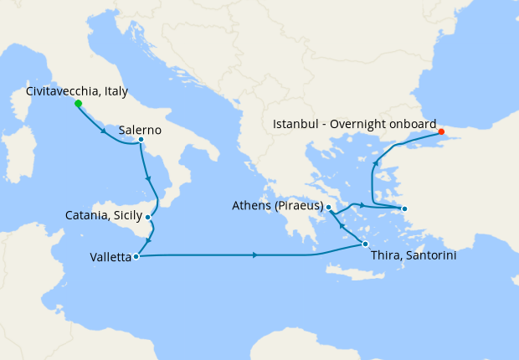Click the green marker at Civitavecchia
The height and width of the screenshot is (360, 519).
point(78,104)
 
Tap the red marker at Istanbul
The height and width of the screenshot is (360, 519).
point(441,131)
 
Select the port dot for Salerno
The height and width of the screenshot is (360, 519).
point(141,140)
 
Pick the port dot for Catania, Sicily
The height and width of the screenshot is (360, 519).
point(148,218)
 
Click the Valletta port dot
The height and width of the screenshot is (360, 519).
point(136,256)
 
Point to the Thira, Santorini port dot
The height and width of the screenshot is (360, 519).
point(365,244)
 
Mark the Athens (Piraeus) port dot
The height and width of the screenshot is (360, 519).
point(329,207)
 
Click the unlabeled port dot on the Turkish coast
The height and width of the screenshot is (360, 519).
point(403,208)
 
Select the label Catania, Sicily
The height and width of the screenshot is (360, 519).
point(104,216)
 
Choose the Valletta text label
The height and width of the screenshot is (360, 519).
point(110,258)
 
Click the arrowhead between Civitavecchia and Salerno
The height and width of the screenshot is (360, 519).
point(104,131)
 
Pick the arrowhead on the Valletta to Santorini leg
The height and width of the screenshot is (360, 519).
point(254,255)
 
